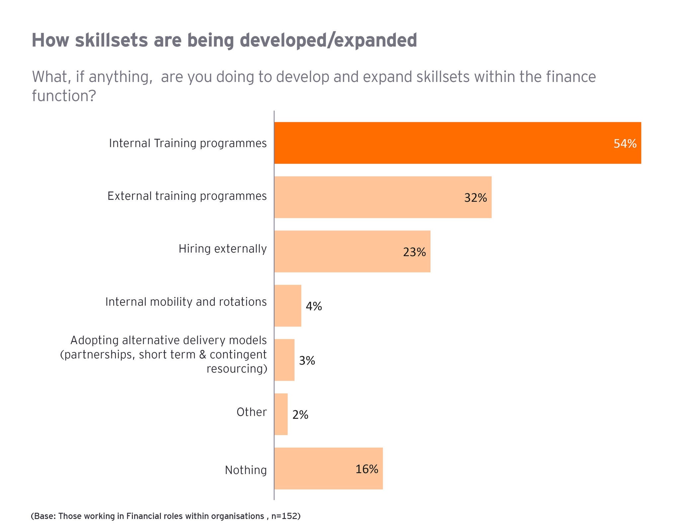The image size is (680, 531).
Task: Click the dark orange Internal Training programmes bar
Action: [458, 143]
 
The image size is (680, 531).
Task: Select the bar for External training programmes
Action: [382, 197]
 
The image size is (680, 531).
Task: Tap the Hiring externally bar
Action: [352, 251]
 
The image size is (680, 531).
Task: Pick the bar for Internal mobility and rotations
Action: [288, 306]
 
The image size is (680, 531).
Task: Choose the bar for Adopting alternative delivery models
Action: [284, 360]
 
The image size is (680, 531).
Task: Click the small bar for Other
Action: [281, 414]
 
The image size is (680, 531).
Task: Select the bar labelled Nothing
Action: [328, 468]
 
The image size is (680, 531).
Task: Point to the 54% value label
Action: [625, 144]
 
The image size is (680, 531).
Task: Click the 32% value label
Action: [475, 198]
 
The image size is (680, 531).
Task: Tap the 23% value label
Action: [414, 253]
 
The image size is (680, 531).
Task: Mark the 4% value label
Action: [314, 306]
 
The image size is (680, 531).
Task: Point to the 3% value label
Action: [307, 361]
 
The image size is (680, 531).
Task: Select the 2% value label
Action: [300, 415]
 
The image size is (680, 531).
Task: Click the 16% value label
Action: [367, 469]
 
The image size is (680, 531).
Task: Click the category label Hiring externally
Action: [222, 249]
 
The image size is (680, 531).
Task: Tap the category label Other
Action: [251, 412]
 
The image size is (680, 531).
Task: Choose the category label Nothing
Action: [246, 470]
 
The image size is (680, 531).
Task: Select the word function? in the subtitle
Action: [64, 96]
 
